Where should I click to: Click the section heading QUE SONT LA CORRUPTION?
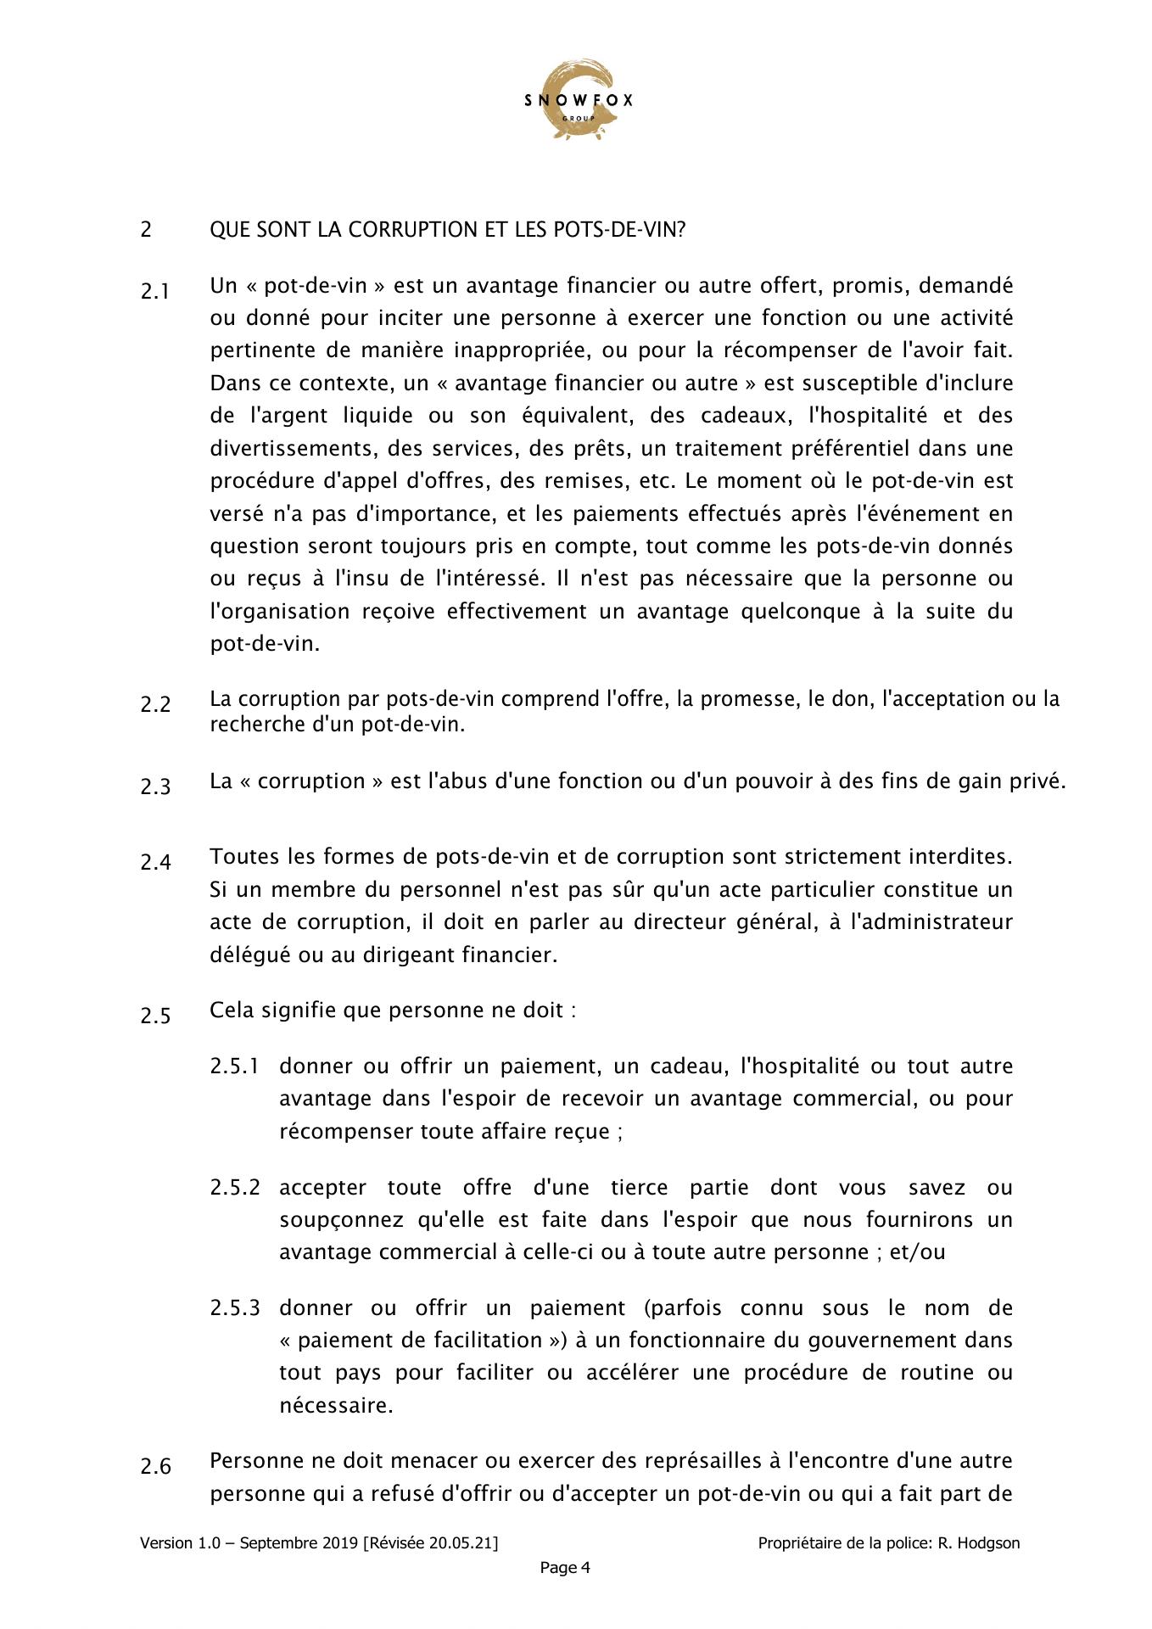tap(447, 230)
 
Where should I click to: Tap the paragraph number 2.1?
tap(155, 292)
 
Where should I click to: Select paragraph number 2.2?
tap(155, 705)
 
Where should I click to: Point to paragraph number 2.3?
tap(155, 787)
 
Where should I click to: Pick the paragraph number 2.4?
tap(155, 863)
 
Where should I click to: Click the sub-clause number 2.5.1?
tap(234, 1066)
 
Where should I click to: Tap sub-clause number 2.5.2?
tap(234, 1188)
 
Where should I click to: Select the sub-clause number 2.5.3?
tap(234, 1308)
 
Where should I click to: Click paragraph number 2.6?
tap(155, 1467)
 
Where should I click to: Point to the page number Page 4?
tap(565, 1568)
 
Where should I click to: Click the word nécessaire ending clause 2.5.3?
tap(336, 1406)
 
